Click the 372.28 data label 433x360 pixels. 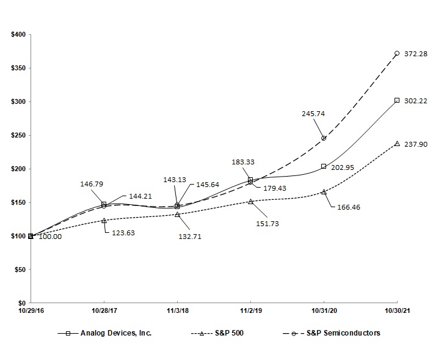[416, 54]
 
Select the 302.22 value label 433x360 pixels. [416, 100]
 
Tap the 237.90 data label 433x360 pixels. [416, 144]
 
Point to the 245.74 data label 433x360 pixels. [313, 114]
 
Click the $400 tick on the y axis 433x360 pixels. [18, 35]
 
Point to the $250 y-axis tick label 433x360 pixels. [18, 136]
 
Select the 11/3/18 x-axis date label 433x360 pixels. [177, 310]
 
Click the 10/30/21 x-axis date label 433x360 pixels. [397, 310]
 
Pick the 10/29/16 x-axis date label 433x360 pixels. [31, 310]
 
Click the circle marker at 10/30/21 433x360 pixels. [397, 53]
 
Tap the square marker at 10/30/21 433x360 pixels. [397, 100]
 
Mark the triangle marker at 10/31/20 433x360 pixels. [324, 191]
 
